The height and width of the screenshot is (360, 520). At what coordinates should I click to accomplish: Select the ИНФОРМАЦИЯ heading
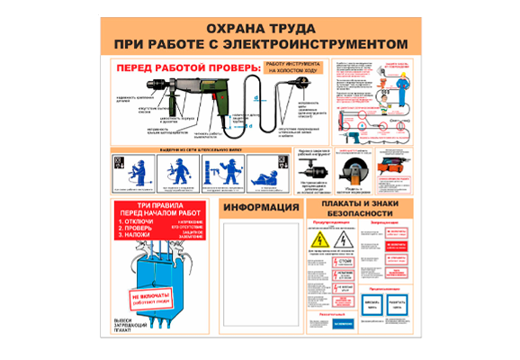(260, 208)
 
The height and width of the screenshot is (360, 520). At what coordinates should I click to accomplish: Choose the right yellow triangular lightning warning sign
(341, 242)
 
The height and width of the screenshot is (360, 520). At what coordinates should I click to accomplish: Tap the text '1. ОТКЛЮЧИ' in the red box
(139, 220)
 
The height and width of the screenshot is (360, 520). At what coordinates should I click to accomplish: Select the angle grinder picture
(352, 170)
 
